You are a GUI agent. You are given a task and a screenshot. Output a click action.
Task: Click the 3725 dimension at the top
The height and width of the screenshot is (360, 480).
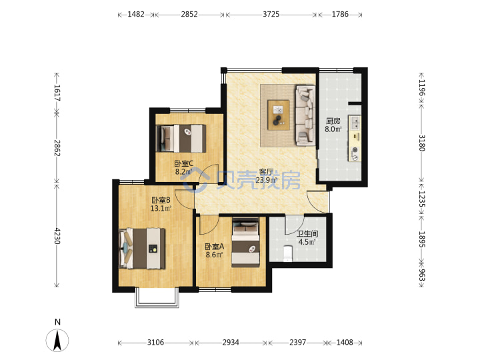(271, 15)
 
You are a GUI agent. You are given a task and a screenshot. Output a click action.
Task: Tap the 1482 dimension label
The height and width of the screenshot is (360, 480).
(136, 15)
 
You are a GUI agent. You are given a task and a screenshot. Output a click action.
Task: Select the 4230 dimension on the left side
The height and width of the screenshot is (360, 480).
(57, 235)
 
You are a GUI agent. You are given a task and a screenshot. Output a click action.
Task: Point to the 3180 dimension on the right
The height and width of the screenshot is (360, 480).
(421, 143)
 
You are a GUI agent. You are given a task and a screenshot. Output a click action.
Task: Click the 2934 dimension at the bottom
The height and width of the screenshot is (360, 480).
(231, 342)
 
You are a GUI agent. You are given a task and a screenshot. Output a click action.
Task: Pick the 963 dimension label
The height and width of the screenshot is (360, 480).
(421, 275)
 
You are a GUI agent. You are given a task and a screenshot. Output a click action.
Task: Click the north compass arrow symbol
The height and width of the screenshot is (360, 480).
(57, 340)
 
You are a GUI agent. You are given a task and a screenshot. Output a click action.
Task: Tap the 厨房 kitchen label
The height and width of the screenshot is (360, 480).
(333, 121)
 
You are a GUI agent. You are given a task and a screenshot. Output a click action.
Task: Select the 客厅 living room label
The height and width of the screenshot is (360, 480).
(266, 172)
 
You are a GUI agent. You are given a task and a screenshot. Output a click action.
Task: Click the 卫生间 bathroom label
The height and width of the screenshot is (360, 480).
(307, 234)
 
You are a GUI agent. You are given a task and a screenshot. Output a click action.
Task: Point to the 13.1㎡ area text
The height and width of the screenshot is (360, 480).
(161, 209)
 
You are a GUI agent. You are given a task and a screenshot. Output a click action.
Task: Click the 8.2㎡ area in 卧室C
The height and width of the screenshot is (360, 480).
(184, 172)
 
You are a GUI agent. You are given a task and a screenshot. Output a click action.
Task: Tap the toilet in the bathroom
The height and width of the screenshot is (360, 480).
(288, 253)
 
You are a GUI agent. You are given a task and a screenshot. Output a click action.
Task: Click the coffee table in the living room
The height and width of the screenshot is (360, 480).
(278, 115)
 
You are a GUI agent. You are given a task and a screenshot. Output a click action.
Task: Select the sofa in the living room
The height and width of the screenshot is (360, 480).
(305, 115)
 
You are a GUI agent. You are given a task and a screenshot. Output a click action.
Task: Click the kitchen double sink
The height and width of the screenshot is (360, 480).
(355, 123)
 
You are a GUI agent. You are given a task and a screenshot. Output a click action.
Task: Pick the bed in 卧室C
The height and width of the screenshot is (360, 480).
(181, 139)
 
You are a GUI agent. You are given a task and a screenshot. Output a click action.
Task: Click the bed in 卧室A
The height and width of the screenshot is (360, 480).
(246, 242)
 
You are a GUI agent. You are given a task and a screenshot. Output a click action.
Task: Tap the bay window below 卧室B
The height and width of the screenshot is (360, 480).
(157, 297)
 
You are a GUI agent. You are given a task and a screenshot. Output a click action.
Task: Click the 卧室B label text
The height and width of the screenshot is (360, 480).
(161, 200)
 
